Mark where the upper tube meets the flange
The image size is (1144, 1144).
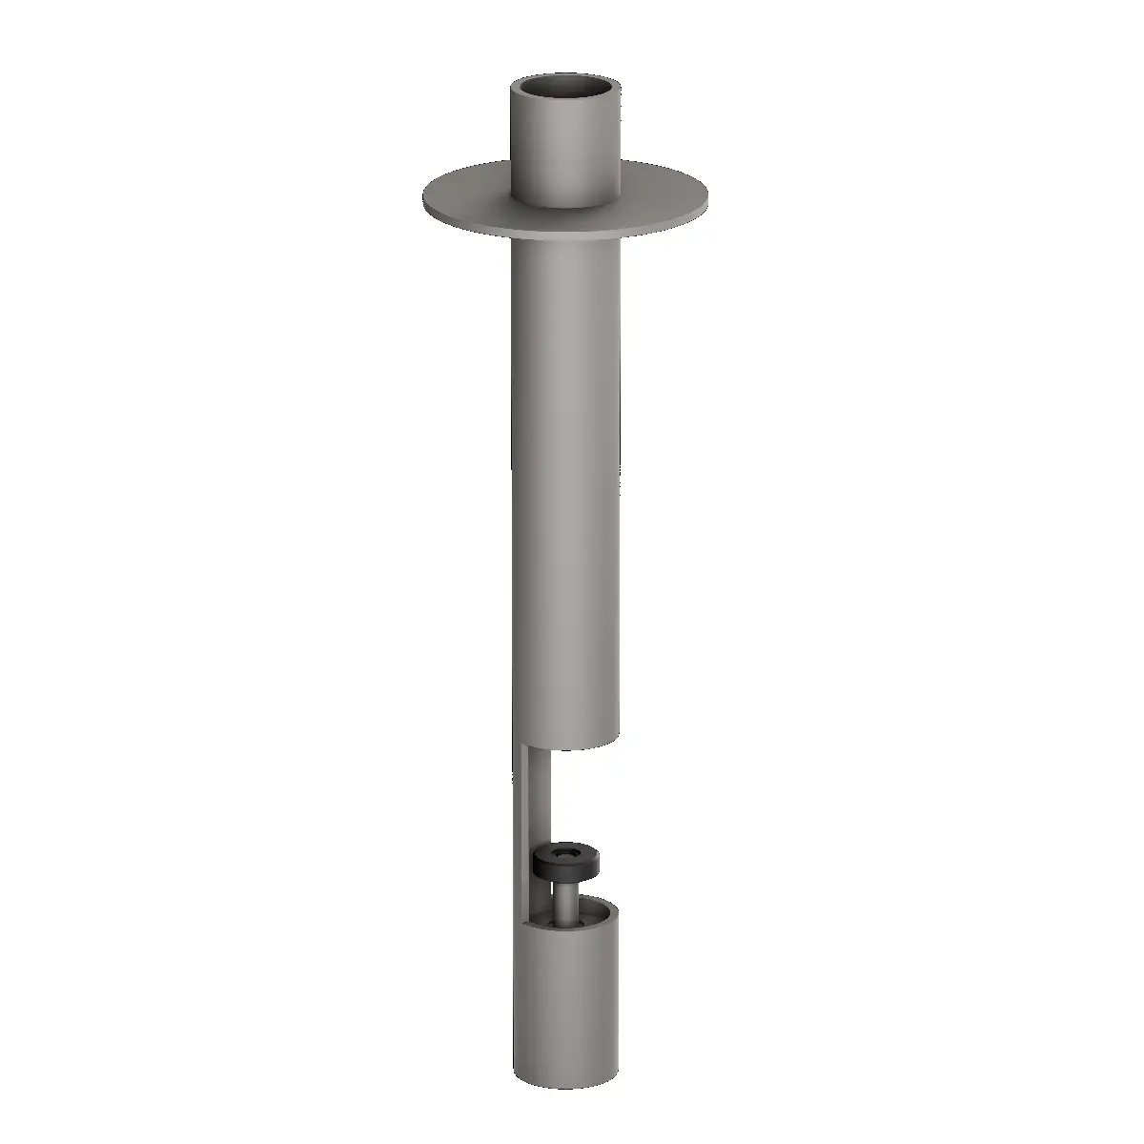click(x=566, y=202)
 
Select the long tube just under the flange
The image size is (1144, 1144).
click(x=566, y=267)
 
